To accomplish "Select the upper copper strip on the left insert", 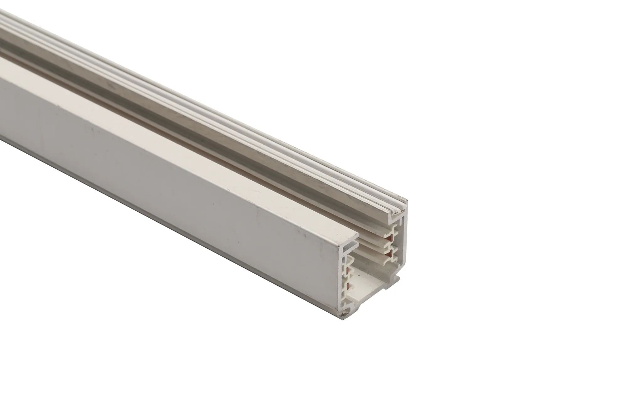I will [347, 270].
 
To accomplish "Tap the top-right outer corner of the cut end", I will [407, 201].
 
